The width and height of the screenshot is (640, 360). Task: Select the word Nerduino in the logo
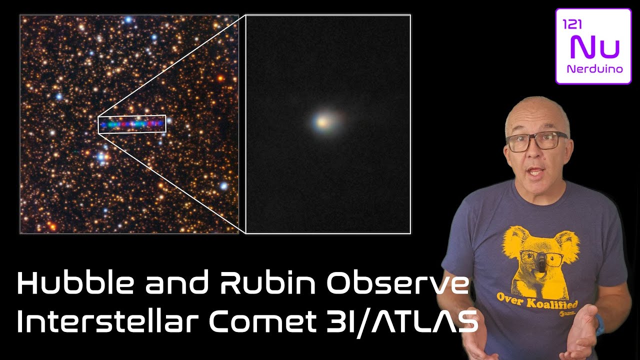click(594, 69)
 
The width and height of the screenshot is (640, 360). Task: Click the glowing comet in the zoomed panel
click(322, 121)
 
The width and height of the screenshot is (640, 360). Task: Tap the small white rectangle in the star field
click(132, 123)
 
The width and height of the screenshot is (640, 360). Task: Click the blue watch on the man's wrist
click(599, 325)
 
